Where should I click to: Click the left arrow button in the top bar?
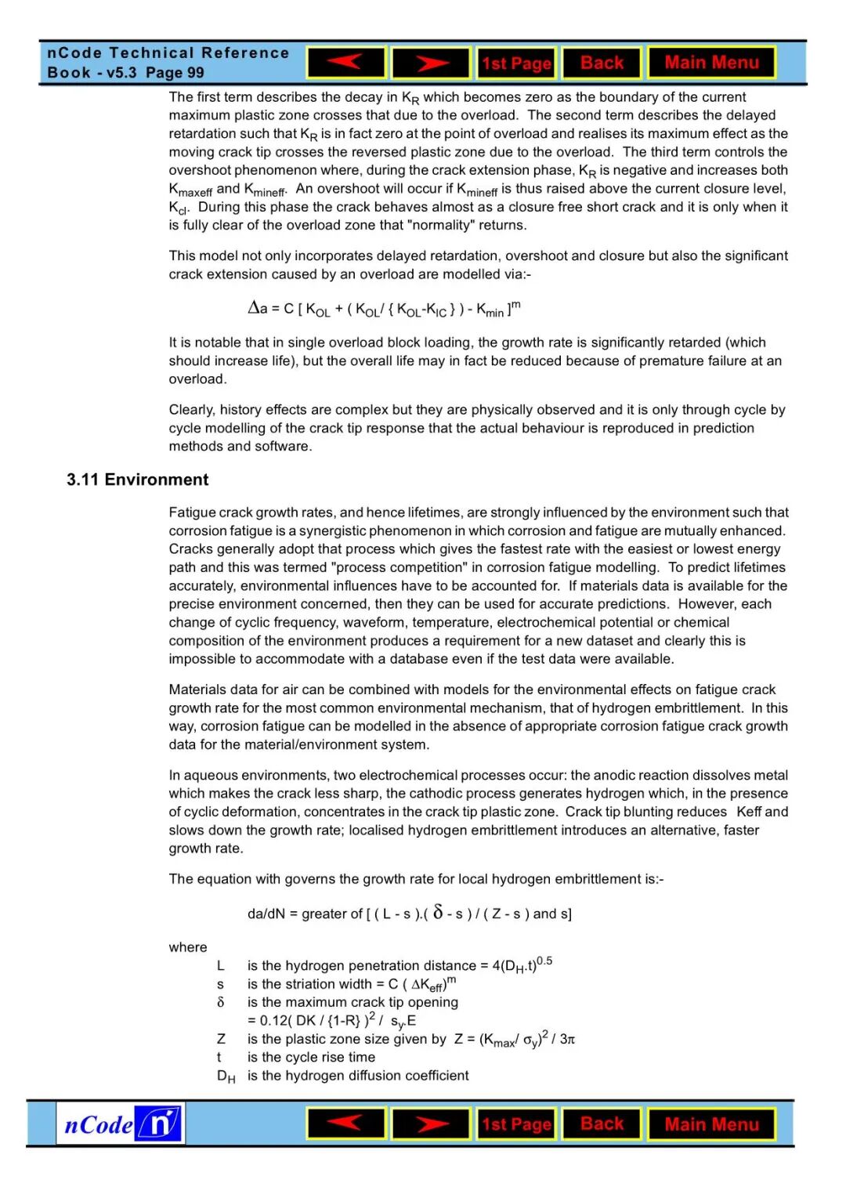coord(346,63)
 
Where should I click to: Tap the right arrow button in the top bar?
coord(431,63)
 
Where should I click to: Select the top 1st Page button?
coord(516,63)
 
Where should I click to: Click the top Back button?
coord(602,63)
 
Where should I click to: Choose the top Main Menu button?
coord(711,63)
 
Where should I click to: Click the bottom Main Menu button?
coord(711,1124)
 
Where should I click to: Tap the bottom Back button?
coord(602,1124)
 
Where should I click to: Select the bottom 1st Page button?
coord(516,1124)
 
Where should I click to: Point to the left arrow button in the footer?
coord(346,1124)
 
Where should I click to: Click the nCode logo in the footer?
coord(121,1124)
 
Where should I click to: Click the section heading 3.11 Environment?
coord(137,480)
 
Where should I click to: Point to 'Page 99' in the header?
coord(175,73)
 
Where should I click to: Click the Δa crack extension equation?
coord(384,309)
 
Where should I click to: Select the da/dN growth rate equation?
coord(409,914)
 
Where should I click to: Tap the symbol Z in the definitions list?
coord(221,1039)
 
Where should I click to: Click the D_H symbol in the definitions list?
coord(226,1077)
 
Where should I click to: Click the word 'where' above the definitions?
coord(188,947)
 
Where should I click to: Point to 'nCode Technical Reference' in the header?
coord(168,53)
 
